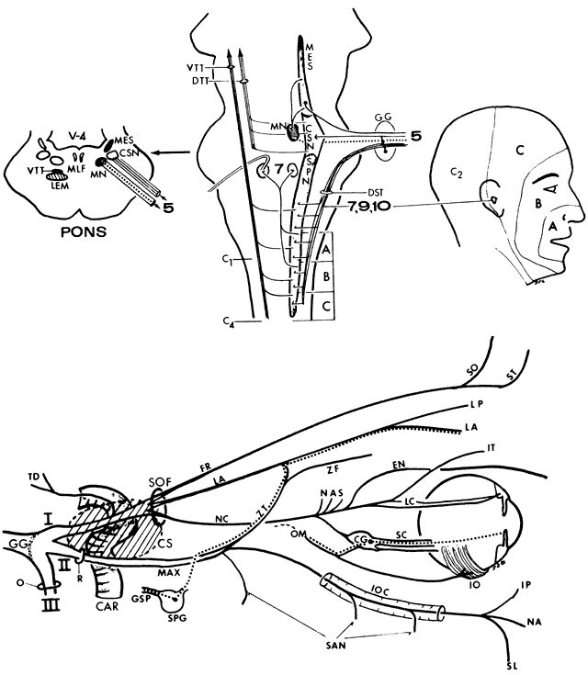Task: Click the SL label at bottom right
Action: click(x=512, y=664)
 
